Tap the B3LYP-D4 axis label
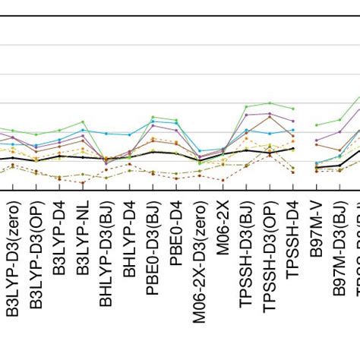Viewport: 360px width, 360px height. (x=59, y=244)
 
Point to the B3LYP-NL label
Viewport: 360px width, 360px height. (x=83, y=244)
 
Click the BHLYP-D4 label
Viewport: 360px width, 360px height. (x=130, y=244)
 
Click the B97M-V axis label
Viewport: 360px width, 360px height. (x=317, y=236)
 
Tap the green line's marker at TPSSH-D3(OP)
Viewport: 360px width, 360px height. (x=270, y=103)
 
